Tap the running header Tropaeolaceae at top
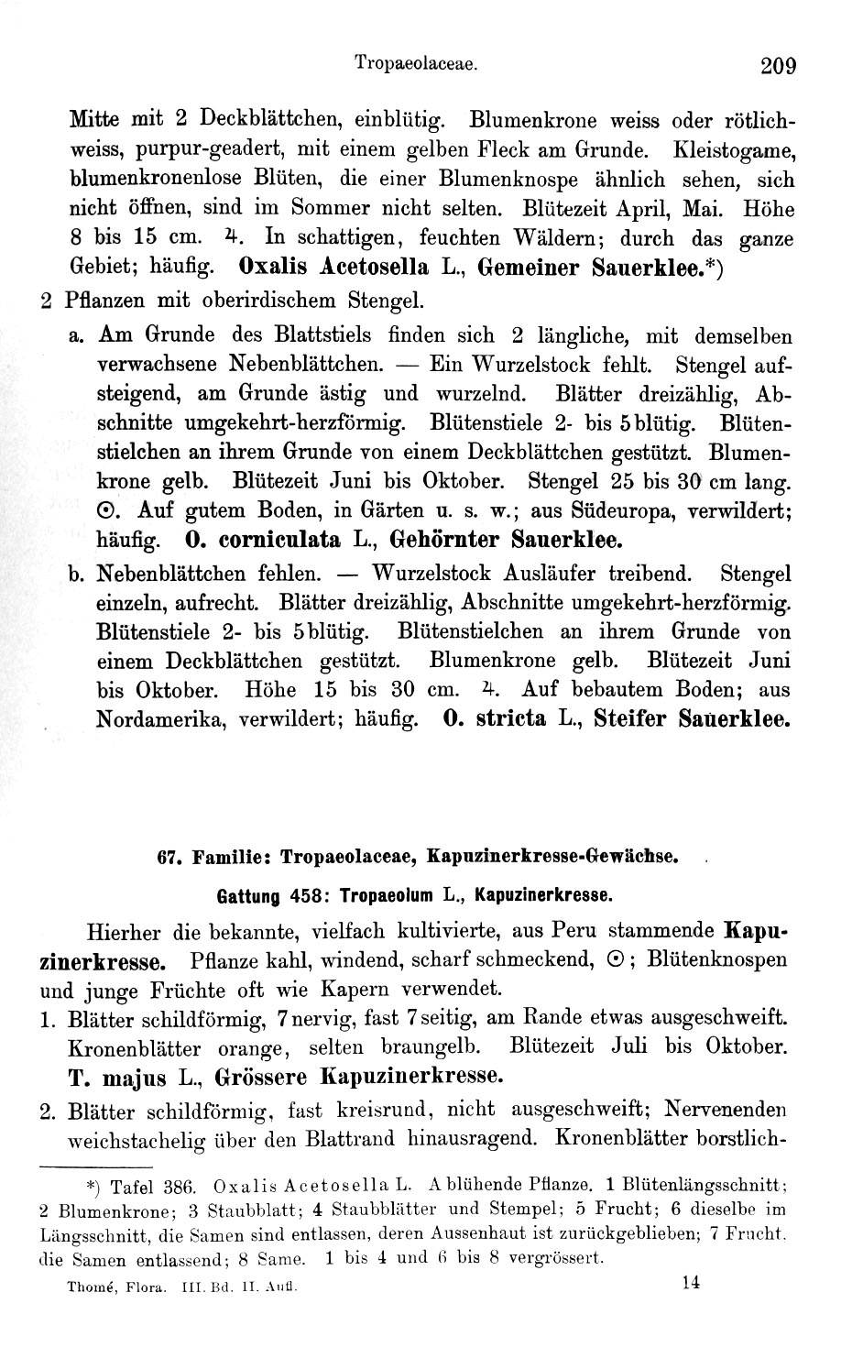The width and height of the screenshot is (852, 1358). (418, 65)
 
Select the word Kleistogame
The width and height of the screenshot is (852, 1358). (733, 148)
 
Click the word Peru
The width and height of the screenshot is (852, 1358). (578, 931)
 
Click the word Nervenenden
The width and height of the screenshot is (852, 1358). (726, 1109)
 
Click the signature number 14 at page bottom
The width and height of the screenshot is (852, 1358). (691, 1282)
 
